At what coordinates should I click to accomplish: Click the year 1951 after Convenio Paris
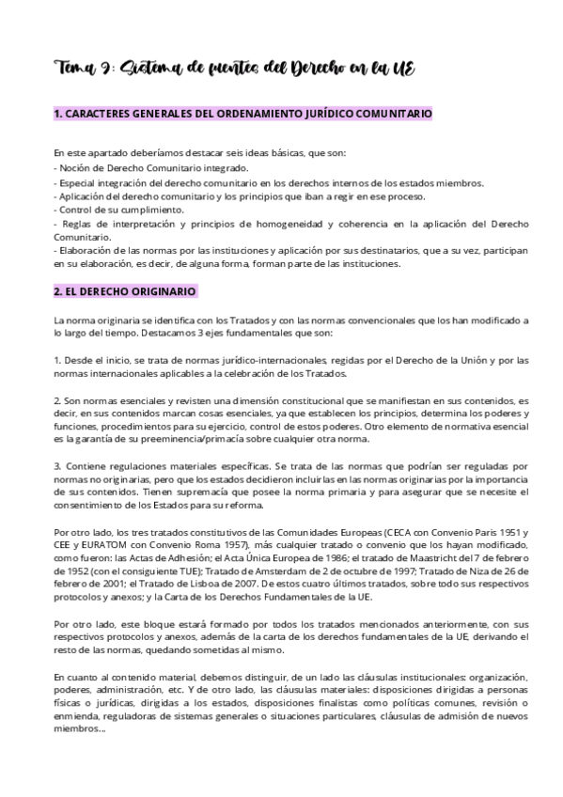coord(503,531)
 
